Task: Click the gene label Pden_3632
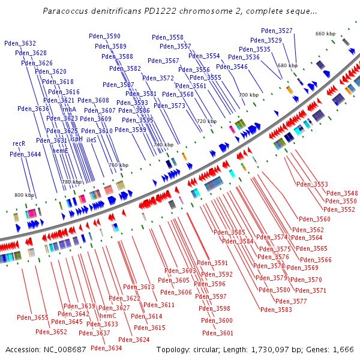point(20,43)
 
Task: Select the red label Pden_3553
point(313,184)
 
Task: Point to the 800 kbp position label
point(25,195)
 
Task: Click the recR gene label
point(19,144)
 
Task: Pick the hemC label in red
point(107,316)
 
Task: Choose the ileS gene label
point(91,139)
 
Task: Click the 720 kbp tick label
point(206,121)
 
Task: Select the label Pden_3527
point(277,31)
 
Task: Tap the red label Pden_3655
point(32,317)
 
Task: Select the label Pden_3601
point(218,333)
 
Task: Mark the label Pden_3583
point(276,310)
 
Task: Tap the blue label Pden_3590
point(104,37)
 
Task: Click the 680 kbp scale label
point(287,65)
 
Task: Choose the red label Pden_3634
point(106,348)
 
